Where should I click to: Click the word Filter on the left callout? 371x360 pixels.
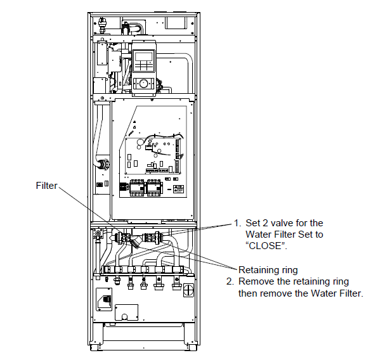(46, 186)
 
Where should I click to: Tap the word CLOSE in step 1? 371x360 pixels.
(265, 246)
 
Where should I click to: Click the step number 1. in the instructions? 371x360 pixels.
(238, 223)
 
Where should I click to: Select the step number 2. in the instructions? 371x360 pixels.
(230, 281)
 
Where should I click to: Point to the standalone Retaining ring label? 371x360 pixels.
(268, 270)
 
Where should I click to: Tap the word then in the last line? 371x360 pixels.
(249, 293)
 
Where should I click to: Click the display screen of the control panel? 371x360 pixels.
(143, 56)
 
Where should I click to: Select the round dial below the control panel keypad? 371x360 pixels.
(143, 84)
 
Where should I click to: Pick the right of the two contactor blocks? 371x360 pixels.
(154, 188)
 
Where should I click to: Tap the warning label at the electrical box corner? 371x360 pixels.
(179, 190)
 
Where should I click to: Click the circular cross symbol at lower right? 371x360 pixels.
(188, 290)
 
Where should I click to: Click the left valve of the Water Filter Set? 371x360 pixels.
(122, 238)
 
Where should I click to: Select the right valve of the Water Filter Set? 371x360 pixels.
(152, 237)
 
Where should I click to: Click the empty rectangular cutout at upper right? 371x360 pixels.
(176, 23)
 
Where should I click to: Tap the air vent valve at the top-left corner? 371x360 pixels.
(102, 24)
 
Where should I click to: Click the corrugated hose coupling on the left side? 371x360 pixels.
(104, 164)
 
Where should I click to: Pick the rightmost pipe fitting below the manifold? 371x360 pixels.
(176, 284)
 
